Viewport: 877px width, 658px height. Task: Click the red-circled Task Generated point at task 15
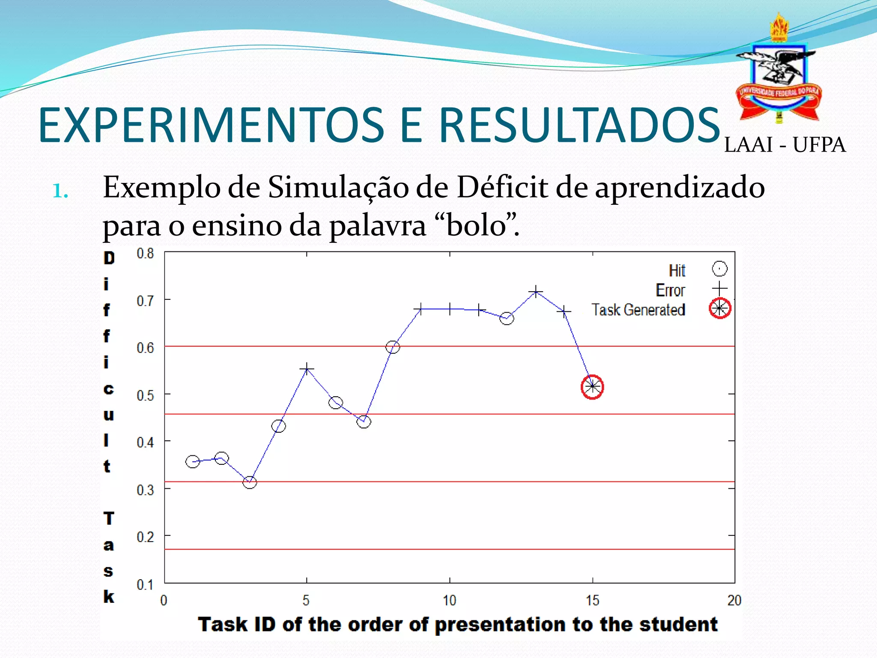coord(592,387)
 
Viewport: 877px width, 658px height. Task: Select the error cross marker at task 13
coord(535,292)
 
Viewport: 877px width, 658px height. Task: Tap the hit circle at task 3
coord(250,482)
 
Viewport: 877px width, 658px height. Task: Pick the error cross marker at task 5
coord(307,369)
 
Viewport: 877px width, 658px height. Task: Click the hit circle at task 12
coord(507,318)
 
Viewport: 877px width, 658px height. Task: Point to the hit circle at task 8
coord(392,347)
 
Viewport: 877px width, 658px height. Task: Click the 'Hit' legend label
coord(677,271)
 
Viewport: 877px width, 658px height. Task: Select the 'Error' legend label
coord(670,290)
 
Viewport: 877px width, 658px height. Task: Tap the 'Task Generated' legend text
coord(638,310)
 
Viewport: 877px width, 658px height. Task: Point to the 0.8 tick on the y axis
coord(145,254)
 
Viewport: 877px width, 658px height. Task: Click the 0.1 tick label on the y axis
coord(145,584)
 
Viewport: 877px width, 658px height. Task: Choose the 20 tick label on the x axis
coord(734,601)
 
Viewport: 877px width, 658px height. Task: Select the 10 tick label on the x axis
coord(449,601)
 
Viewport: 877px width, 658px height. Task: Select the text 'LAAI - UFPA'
coord(785,145)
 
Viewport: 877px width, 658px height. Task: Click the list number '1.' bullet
coord(60,191)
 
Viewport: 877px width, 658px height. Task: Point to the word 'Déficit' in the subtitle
coord(503,188)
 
